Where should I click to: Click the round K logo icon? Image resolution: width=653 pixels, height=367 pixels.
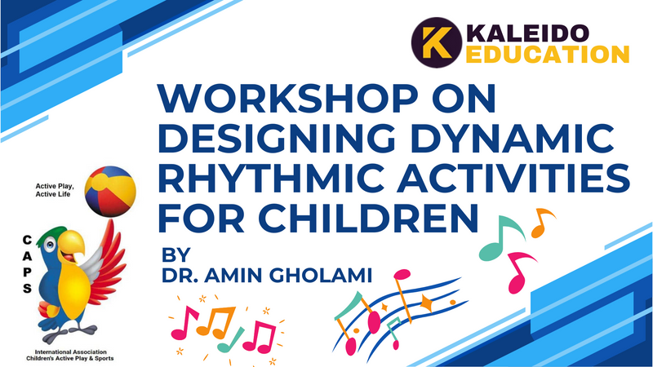(x=437, y=42)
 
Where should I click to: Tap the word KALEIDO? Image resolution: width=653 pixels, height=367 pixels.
(x=527, y=33)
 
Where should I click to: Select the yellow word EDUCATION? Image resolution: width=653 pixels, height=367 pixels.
(x=547, y=55)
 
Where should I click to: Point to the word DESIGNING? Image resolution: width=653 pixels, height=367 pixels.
(x=277, y=138)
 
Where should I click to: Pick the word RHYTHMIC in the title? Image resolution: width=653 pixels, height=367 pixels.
(x=271, y=178)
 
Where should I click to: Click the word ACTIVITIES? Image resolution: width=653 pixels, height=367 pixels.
(x=513, y=178)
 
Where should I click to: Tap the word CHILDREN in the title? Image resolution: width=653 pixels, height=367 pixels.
(x=368, y=217)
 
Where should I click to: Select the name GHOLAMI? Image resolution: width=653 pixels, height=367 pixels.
(x=320, y=276)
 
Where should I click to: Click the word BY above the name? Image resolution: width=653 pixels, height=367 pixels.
(x=175, y=254)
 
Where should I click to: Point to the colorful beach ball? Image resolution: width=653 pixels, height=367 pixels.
(x=110, y=192)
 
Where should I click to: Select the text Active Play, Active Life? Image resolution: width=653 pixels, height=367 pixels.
(x=55, y=190)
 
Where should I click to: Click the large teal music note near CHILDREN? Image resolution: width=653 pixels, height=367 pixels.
(x=501, y=237)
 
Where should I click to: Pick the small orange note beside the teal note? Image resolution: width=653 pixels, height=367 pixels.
(x=543, y=223)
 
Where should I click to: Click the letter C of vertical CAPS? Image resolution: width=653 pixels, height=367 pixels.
(x=27, y=240)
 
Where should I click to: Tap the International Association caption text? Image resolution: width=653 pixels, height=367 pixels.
(x=70, y=355)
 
